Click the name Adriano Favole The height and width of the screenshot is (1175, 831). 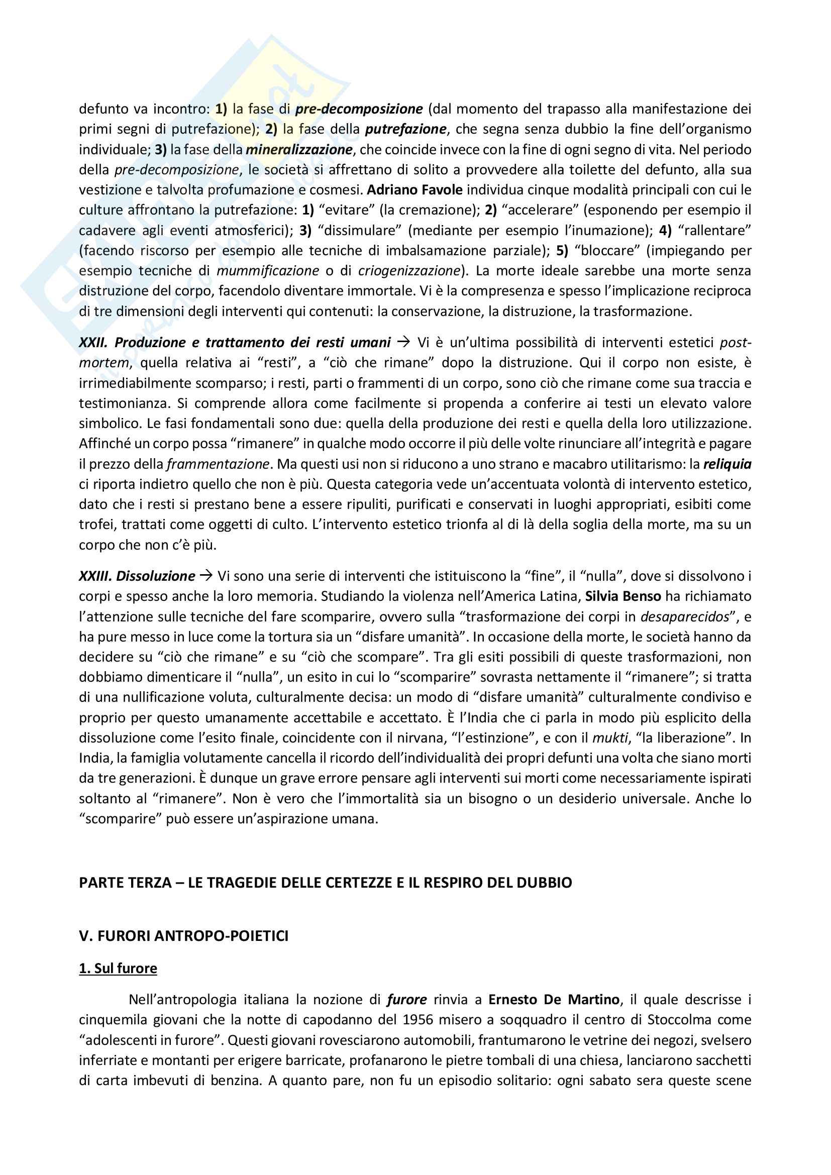pos(414,190)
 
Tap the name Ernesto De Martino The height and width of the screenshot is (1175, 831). pos(554,1000)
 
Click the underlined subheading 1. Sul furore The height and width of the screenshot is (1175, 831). pos(118,968)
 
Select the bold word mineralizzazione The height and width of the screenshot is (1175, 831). pos(299,149)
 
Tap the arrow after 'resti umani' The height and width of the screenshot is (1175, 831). pos(404,342)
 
